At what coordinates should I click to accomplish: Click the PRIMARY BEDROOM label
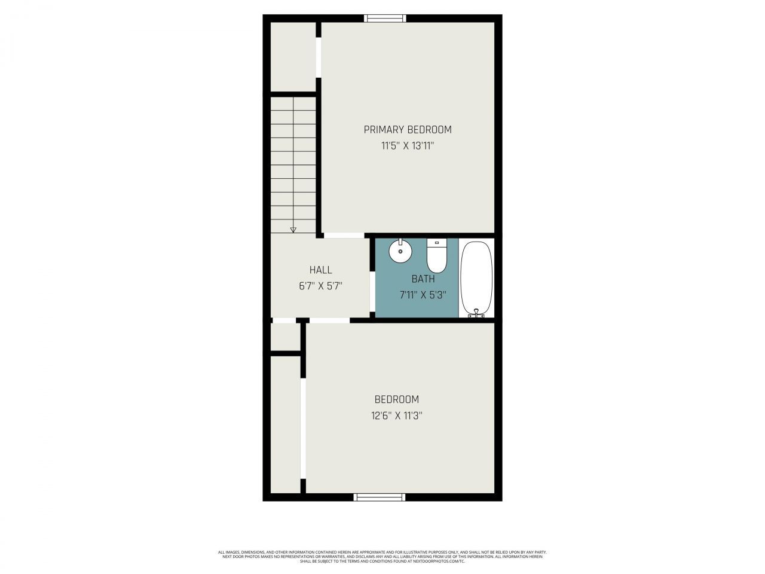408,130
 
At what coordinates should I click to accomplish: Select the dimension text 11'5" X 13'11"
408,145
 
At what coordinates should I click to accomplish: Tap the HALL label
320,270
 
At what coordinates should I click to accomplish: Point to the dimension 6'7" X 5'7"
320,286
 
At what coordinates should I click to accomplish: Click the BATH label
423,279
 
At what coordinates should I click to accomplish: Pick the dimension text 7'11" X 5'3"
423,294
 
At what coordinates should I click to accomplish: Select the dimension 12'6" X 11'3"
396,416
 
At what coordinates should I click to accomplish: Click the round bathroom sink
400,252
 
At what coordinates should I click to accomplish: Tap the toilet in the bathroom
437,258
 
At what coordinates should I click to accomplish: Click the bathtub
477,278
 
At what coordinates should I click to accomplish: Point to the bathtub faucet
477,313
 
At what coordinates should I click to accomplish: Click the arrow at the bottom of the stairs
293,228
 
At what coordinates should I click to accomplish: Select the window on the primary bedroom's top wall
386,19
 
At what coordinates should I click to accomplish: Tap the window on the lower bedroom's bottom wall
380,497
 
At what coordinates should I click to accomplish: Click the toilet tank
437,243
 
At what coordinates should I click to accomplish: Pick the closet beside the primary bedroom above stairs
293,57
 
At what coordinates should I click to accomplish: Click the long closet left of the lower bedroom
285,425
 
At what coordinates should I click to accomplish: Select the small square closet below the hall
285,337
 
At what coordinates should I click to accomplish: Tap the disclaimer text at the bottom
382,557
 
